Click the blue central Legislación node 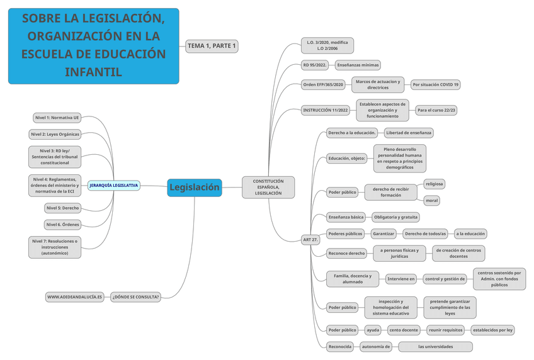[x=195, y=187]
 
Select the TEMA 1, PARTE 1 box [x=212, y=46]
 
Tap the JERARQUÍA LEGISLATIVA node [x=114, y=186]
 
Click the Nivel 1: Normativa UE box [x=57, y=118]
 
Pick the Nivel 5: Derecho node [x=62, y=208]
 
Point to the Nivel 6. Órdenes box [x=62, y=225]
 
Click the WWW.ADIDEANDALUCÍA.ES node [x=74, y=296]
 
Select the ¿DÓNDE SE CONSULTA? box [x=136, y=296]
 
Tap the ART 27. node [x=310, y=240]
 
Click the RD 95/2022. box [x=315, y=65]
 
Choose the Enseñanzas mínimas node [x=358, y=65]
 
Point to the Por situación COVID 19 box [x=435, y=84]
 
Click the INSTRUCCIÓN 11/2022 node [x=326, y=110]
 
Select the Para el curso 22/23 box [x=436, y=110]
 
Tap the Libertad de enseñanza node [x=409, y=133]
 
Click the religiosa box [x=435, y=184]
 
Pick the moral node [x=431, y=201]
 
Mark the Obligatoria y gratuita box [x=395, y=217]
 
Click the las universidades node [x=435, y=347]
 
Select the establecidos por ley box [x=493, y=330]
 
